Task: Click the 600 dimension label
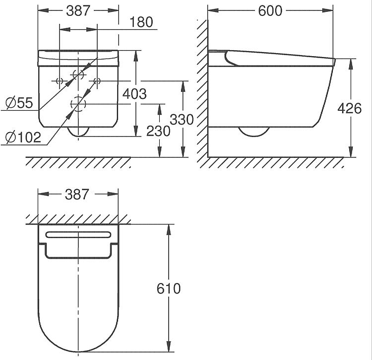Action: pos(270,11)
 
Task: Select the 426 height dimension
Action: pos(350,109)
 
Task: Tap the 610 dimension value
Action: pos(169,288)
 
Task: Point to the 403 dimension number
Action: pos(134,94)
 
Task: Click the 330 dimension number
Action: pos(182,120)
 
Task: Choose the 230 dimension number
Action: pos(158,131)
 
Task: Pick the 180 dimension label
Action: pos(141,22)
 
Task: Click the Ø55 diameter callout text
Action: pos(19,103)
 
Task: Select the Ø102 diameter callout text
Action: pos(23,137)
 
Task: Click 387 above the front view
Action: pos(78,11)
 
